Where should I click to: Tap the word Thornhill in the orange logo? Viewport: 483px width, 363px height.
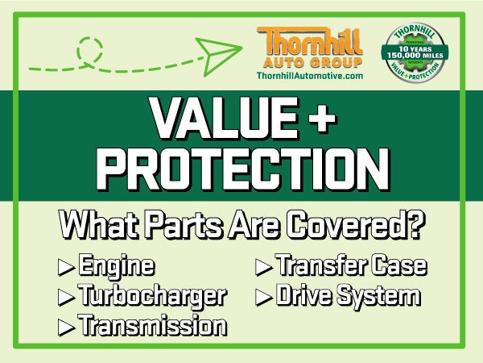308,40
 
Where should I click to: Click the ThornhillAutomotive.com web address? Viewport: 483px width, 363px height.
308,75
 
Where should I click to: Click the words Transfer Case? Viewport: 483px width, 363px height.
350,265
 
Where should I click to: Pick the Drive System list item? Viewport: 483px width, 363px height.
348,295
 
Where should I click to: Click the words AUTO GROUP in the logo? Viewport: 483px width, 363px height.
308,60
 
